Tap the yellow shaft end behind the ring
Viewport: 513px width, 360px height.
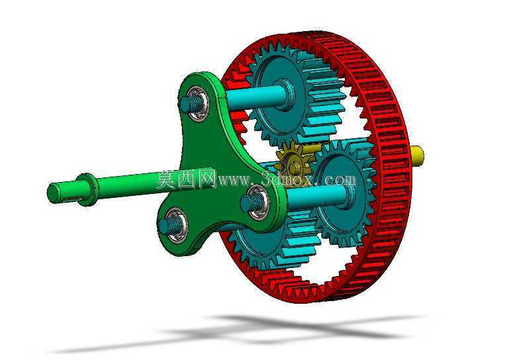coord(417,156)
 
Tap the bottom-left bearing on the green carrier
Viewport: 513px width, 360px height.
coord(175,225)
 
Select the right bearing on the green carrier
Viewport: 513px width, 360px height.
coord(257,202)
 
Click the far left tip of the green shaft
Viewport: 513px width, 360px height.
coord(48,194)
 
